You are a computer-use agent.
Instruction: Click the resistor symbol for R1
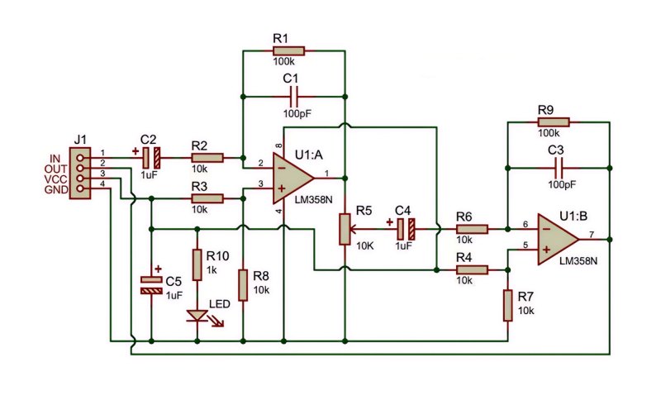288,51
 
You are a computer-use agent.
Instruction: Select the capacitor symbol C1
294,97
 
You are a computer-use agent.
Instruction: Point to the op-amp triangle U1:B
558,239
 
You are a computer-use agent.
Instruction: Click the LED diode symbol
197,316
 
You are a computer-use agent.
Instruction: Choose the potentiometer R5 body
345,229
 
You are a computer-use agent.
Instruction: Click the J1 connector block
80,173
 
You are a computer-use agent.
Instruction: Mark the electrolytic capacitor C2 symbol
151,158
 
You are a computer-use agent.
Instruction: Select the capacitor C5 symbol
151,285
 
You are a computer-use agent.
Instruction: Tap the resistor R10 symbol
197,265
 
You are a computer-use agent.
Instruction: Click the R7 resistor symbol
507,306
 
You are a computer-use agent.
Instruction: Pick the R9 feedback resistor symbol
554,122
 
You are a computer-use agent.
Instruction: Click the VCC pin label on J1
55,179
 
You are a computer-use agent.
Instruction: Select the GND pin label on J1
56,190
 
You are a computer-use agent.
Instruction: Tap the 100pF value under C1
297,113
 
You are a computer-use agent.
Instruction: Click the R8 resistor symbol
243,285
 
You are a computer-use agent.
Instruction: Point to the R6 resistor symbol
472,229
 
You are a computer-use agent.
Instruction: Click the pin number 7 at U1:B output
592,234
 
